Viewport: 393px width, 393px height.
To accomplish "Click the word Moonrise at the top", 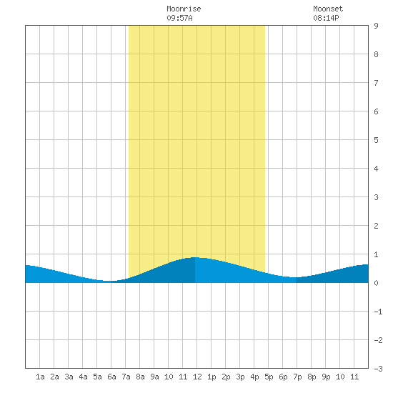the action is coord(184,9).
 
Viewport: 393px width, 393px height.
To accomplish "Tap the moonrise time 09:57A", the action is coord(179,18).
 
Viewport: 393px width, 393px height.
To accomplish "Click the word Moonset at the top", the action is coord(328,9).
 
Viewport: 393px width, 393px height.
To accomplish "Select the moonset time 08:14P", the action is coord(326,18).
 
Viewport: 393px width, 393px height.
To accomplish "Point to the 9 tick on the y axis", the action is coord(376,26).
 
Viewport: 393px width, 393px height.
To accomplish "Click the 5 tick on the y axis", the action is coord(376,140).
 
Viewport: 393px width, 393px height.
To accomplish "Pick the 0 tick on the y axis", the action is coord(376,283).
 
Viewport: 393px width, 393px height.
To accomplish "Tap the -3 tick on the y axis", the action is coord(378,369).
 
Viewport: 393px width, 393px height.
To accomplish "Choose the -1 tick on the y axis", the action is coord(378,312).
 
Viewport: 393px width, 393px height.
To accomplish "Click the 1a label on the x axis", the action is coord(40,377).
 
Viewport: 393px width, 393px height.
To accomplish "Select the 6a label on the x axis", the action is coord(111,377).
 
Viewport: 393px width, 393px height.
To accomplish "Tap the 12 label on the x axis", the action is coord(197,377).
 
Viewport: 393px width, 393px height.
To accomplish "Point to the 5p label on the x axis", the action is coord(269,377).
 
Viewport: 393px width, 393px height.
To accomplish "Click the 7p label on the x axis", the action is coord(297,377).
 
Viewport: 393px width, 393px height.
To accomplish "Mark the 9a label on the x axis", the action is coord(154,377).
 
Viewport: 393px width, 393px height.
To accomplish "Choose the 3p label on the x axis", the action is coord(240,377).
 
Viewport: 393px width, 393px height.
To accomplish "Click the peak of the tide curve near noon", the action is coord(195,257).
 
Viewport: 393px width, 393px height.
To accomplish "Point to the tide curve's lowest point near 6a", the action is coord(109,281).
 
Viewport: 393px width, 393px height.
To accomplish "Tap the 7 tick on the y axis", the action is coord(376,83).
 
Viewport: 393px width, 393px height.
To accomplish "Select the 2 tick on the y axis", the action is coord(376,226).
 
